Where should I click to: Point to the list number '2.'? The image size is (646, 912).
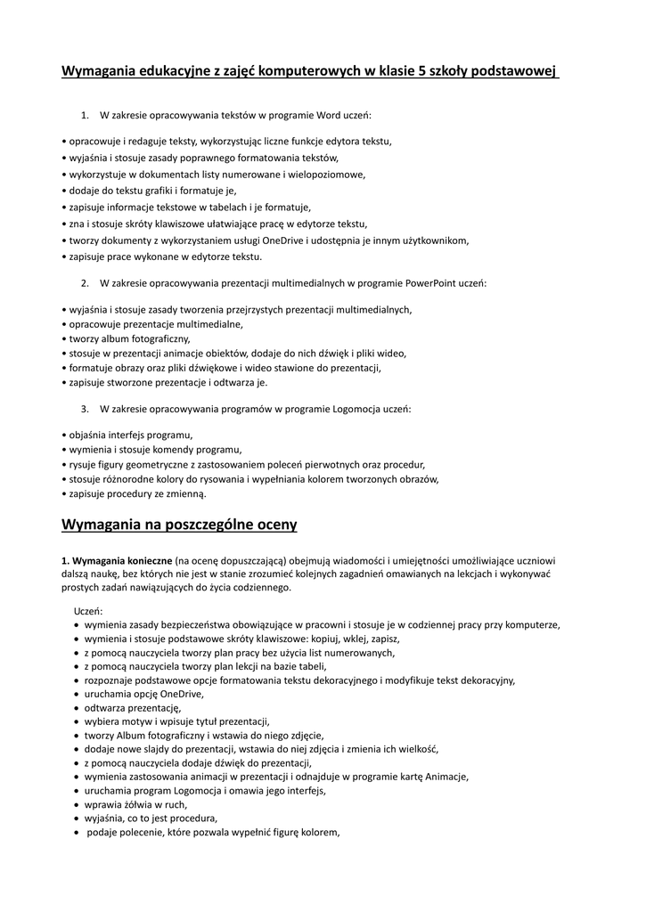pos(85,283)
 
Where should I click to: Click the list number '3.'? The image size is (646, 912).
pos(85,409)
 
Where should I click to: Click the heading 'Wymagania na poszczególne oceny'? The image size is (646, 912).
pos(179,525)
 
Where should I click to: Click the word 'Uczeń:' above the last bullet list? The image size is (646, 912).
pos(88,611)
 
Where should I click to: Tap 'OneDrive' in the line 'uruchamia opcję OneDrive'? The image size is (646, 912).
pos(182,694)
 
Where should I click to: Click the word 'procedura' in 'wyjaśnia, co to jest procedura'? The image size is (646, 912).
pos(193,818)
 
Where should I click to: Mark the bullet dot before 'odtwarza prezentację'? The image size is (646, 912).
pos(77,708)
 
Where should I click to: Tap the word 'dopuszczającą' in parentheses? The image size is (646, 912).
pos(246,561)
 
